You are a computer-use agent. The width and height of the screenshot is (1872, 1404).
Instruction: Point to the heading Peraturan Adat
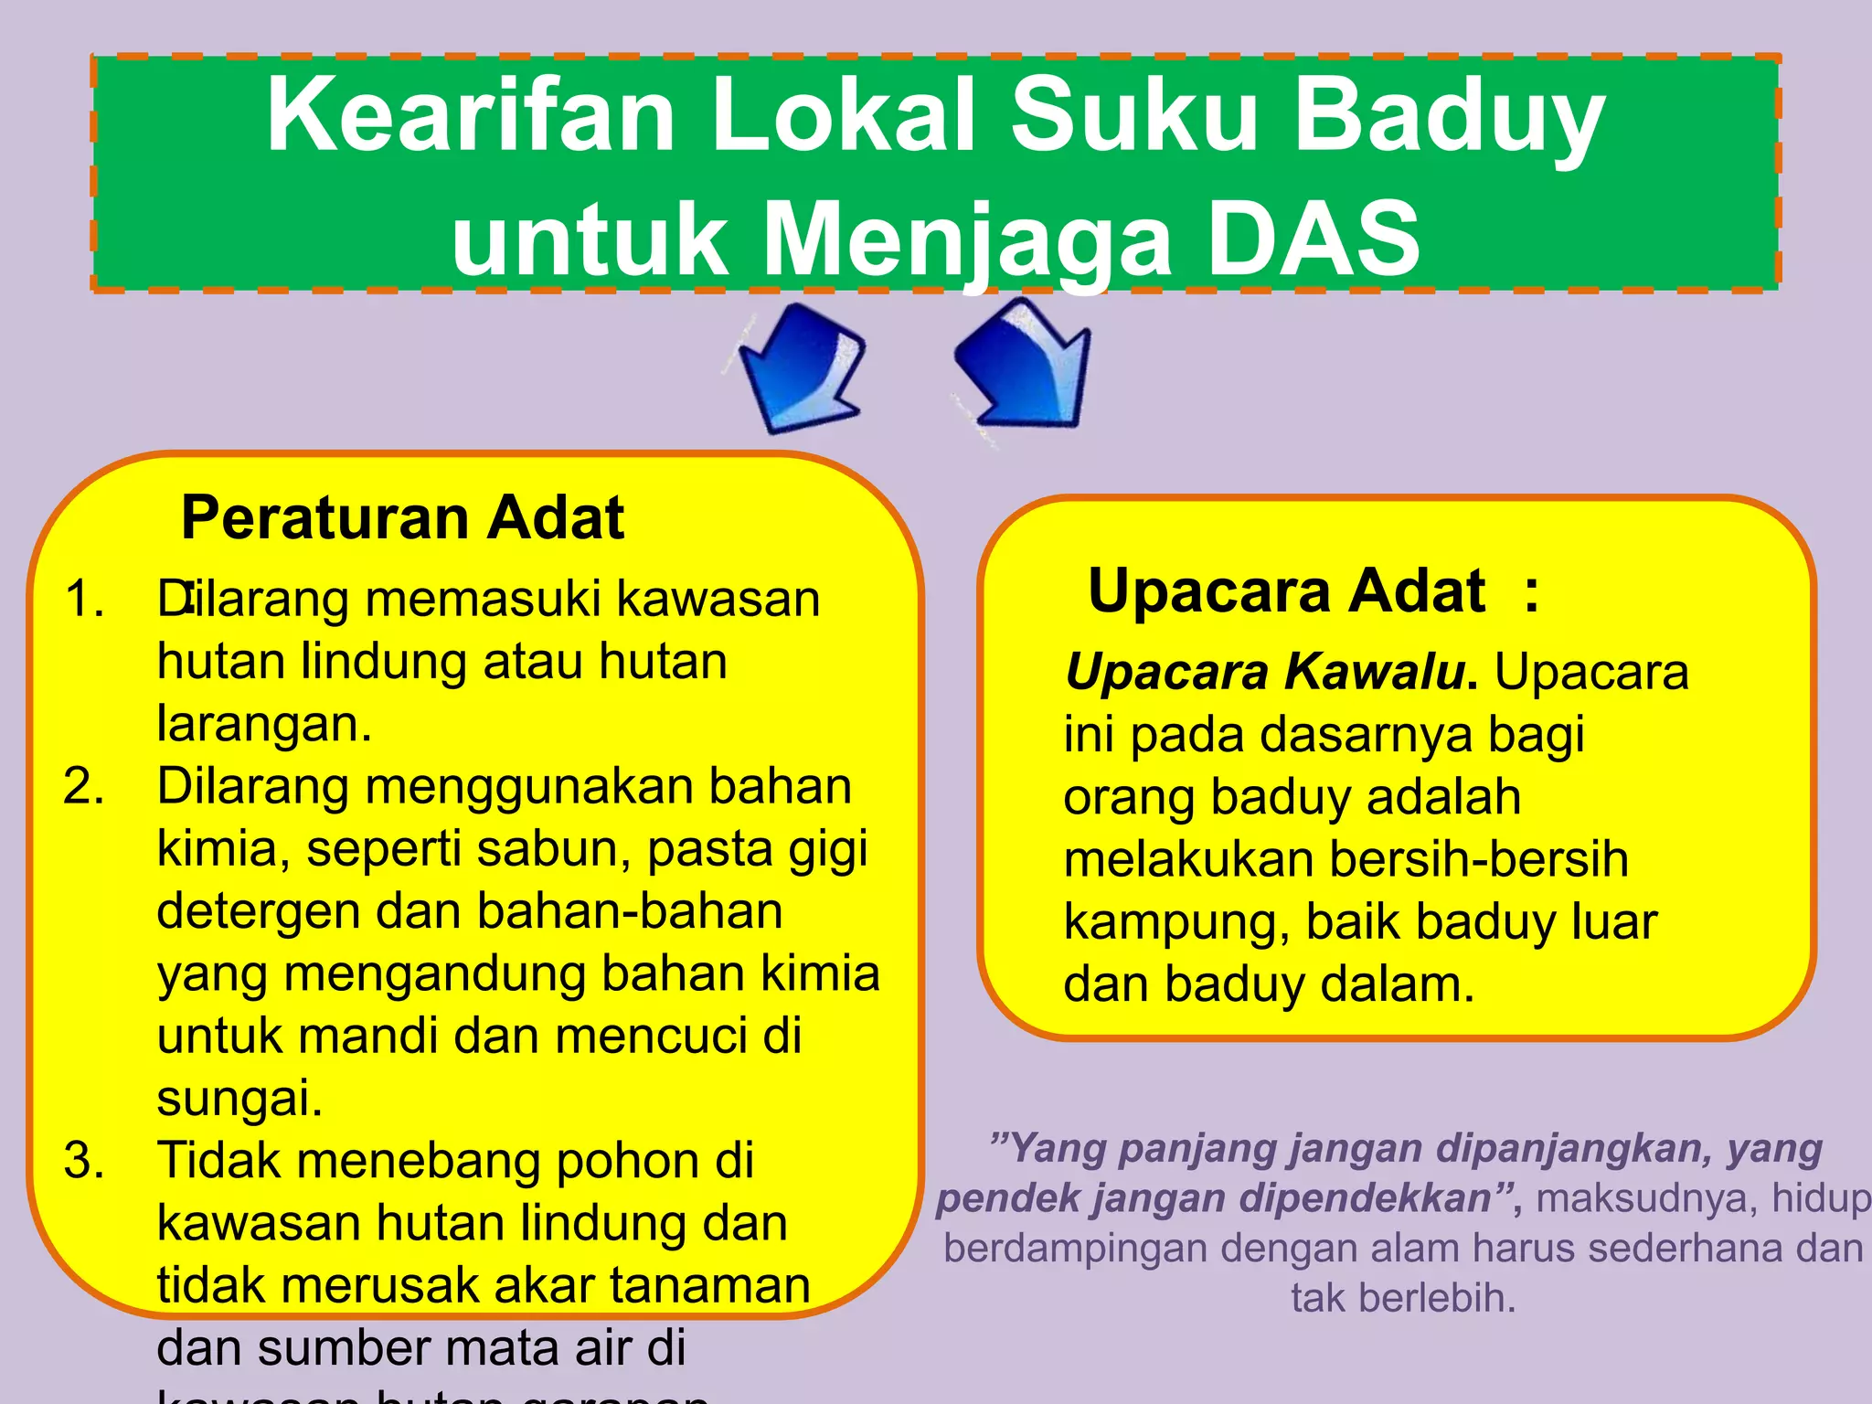point(402,518)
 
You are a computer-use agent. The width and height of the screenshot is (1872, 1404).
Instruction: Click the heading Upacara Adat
point(1286,591)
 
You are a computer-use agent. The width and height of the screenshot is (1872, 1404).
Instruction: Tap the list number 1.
point(83,600)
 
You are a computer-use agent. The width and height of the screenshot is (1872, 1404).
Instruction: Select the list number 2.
point(83,787)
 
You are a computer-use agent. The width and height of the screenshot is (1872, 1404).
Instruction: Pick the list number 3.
point(83,1162)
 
